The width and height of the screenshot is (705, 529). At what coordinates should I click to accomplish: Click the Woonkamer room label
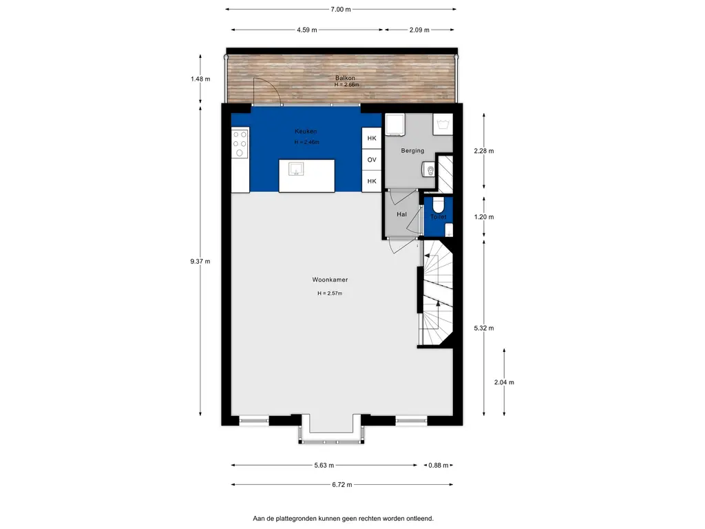pyautogui.click(x=330, y=280)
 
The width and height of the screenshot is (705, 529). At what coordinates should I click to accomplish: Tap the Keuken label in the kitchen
pyautogui.click(x=306, y=132)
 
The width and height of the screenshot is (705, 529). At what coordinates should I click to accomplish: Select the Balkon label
pyautogui.click(x=345, y=78)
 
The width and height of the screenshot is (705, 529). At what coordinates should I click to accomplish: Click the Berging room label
pyautogui.click(x=412, y=151)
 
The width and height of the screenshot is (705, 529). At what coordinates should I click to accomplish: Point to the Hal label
pyautogui.click(x=401, y=215)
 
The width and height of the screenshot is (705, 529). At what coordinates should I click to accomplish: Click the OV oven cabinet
pyautogui.click(x=372, y=160)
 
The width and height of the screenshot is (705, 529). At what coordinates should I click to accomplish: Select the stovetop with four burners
pyautogui.click(x=240, y=143)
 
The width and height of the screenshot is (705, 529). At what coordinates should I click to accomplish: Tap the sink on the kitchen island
pyautogui.click(x=296, y=169)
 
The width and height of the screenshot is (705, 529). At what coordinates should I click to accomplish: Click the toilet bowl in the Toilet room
pyautogui.click(x=438, y=205)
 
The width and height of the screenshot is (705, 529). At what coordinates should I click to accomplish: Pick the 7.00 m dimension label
pyautogui.click(x=340, y=10)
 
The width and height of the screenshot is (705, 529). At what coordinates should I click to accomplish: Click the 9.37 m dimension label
pyautogui.click(x=200, y=261)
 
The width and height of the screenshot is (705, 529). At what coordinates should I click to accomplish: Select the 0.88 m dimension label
pyautogui.click(x=438, y=466)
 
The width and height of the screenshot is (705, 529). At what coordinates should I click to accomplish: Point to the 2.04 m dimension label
pyautogui.click(x=504, y=382)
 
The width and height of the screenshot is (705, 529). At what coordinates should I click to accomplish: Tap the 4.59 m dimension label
pyautogui.click(x=306, y=30)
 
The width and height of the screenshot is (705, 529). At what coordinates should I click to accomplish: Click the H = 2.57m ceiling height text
pyautogui.click(x=330, y=293)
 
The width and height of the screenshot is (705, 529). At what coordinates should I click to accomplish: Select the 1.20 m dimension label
pyautogui.click(x=484, y=217)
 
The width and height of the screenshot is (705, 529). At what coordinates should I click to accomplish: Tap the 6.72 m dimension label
pyautogui.click(x=342, y=485)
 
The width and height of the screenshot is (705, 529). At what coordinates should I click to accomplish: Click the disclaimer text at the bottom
pyautogui.click(x=343, y=519)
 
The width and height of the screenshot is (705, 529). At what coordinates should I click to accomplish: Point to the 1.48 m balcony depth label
pyautogui.click(x=200, y=79)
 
